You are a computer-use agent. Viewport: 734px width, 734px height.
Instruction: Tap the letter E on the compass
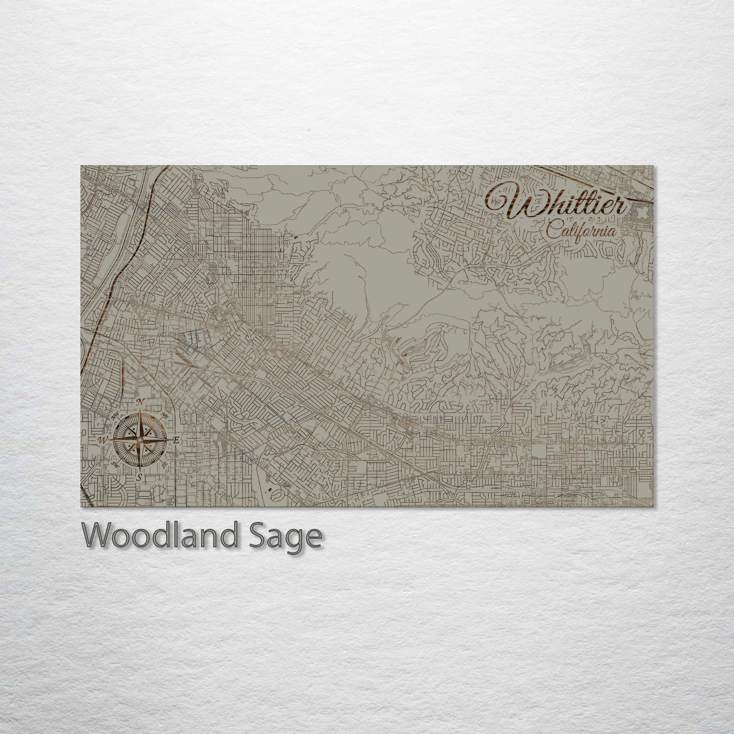coord(176,440)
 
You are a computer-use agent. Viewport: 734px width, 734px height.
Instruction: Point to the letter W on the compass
coord(103,440)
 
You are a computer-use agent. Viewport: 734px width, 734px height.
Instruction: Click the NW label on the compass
coord(120,416)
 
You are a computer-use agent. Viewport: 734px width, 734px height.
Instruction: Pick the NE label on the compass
coord(164,416)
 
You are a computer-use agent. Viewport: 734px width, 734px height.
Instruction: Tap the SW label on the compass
coord(116,464)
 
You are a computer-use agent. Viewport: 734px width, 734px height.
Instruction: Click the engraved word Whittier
coord(556,204)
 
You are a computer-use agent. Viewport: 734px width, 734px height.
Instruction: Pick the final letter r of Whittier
coord(620,208)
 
